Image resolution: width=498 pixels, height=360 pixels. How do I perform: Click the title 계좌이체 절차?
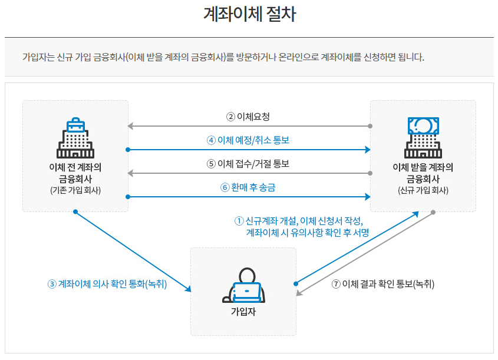[x=249, y=15]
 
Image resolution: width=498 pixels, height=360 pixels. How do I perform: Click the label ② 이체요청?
[x=248, y=116]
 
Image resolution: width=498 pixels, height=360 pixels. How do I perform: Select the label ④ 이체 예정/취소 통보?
[x=248, y=140]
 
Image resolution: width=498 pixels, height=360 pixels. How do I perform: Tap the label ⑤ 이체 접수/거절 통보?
[x=248, y=164]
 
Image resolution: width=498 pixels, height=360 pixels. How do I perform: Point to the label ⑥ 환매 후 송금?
[x=248, y=187]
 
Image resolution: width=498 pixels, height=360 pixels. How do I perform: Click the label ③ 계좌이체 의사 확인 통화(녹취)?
[x=108, y=283]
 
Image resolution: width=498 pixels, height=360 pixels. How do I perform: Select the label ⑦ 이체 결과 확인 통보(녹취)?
[x=383, y=283]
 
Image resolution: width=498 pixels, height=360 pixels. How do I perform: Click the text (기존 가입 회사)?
[x=75, y=190]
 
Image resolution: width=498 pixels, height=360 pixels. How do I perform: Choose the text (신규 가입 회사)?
[x=423, y=190]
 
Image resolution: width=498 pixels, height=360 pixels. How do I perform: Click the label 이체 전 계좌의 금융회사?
[x=75, y=172]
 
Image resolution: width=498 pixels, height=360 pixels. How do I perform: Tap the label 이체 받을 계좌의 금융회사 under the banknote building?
[x=423, y=172]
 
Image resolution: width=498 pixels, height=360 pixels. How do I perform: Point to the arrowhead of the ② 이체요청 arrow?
[x=131, y=126]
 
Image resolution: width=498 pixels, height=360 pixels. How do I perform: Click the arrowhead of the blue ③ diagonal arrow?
[x=188, y=289]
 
